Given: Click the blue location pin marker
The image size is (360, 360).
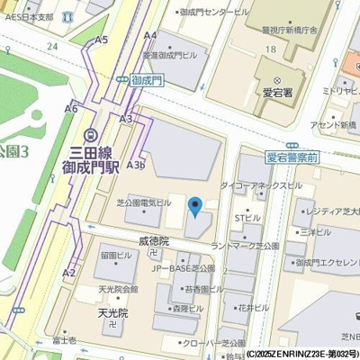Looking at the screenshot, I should (193, 207).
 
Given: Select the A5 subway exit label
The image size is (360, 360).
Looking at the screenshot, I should (102, 40).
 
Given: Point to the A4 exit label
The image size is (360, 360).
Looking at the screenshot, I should (150, 35).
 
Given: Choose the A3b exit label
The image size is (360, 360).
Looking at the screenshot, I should (136, 165).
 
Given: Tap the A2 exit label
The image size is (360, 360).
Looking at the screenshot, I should (69, 272).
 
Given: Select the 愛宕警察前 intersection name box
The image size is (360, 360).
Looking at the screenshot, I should (292, 157).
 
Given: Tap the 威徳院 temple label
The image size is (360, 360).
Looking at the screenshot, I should (154, 241).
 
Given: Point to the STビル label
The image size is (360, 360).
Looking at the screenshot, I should (247, 218).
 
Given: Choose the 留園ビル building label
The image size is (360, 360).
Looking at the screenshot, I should (116, 256).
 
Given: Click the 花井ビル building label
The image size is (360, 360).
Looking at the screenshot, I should (255, 307).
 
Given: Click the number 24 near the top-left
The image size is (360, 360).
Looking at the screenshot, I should (53, 46).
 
